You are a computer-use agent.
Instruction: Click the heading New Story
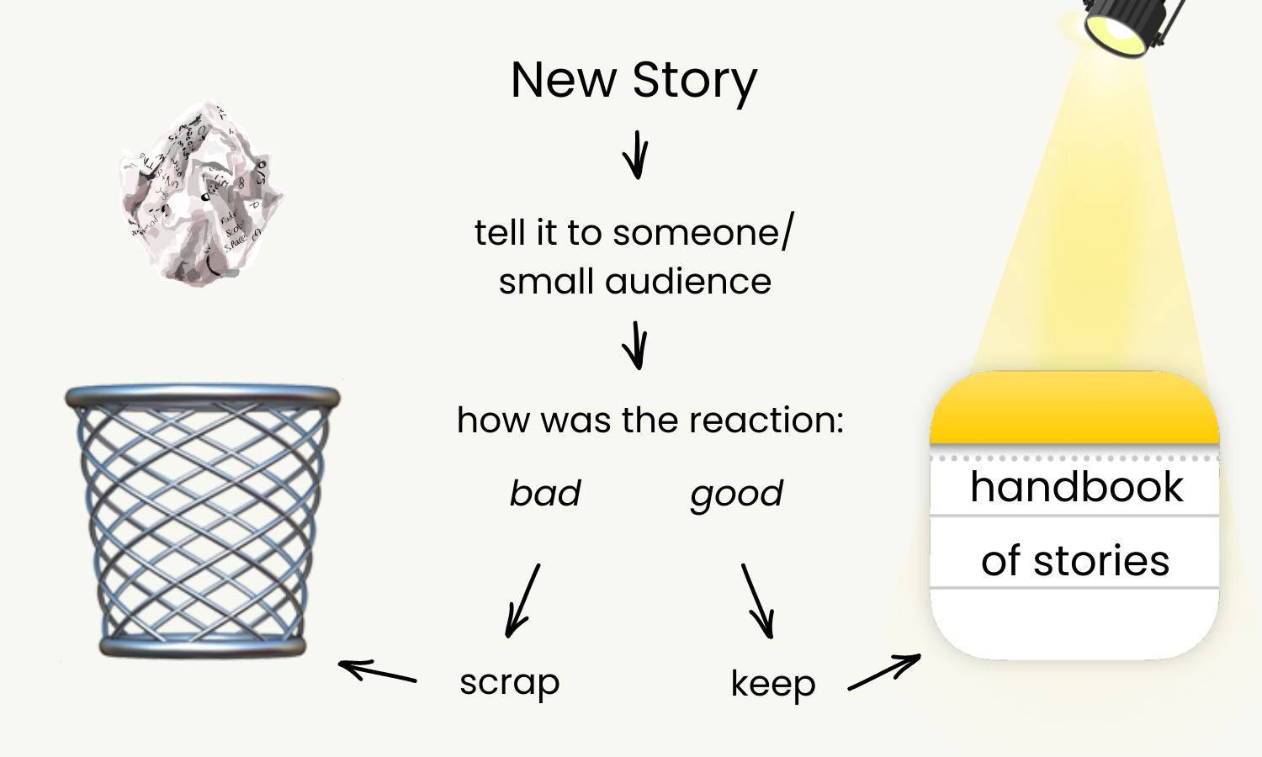tap(634, 81)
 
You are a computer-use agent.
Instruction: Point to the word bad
tap(545, 494)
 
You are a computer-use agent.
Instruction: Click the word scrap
tap(509, 683)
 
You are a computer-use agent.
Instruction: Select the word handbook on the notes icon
tap(1076, 487)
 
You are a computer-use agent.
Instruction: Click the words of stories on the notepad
tap(1075, 561)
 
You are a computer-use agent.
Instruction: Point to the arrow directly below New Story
tap(637, 155)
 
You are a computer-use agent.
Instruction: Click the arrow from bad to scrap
tap(522, 601)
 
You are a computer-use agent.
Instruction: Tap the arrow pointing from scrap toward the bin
tap(378, 671)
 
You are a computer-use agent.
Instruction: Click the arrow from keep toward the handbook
tap(884, 672)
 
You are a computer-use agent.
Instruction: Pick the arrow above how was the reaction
tap(637, 345)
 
